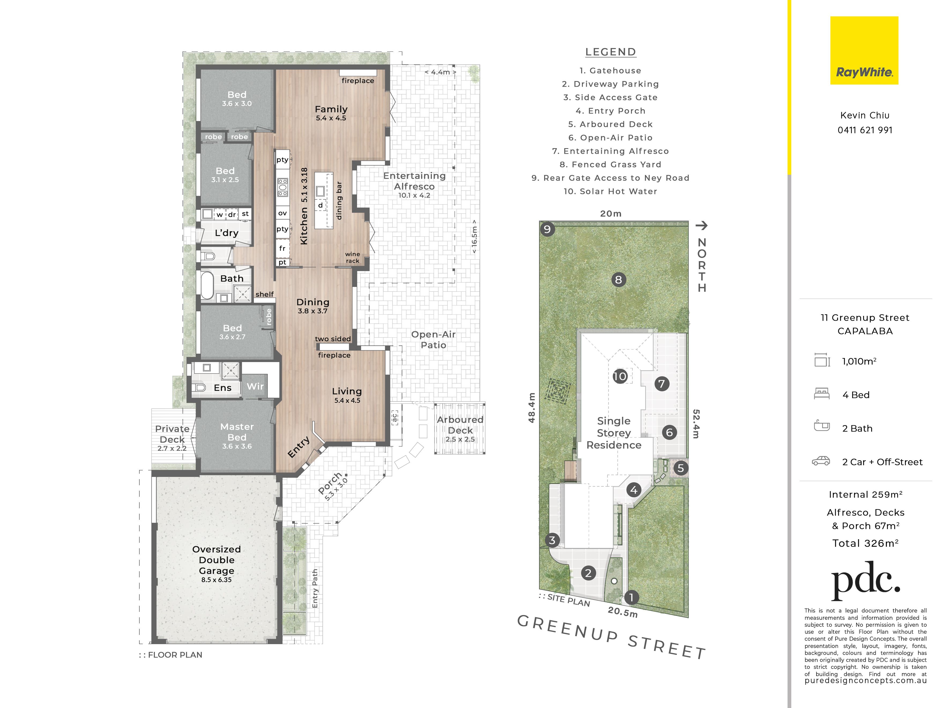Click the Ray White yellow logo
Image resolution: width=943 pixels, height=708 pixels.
coord(864,50)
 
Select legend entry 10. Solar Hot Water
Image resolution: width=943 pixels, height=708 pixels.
coord(610,191)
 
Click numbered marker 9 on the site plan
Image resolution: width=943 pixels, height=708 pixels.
coord(547,229)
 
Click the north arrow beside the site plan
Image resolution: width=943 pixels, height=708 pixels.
coord(701,225)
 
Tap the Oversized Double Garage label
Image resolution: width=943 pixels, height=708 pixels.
coord(217,560)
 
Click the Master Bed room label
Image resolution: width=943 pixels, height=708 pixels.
coord(237,432)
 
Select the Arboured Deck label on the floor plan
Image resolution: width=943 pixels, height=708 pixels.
coord(460,425)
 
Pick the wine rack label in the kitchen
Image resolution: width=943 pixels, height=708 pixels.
coord(352,257)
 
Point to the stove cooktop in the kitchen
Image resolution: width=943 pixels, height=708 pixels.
coord(283,187)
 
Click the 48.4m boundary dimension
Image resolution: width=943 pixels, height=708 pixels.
coord(532,408)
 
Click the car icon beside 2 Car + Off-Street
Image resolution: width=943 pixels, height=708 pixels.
coord(821,461)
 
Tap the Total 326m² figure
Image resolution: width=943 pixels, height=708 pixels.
coord(866,543)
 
